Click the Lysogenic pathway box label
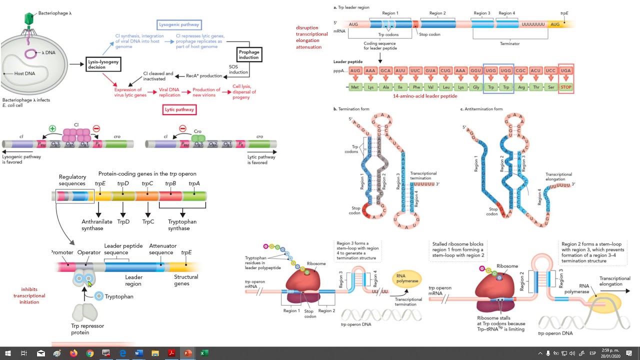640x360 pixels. tap(179, 24)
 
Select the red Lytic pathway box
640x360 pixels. tap(179, 109)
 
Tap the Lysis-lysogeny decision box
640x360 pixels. tap(103, 64)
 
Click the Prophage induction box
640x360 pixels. tap(248, 54)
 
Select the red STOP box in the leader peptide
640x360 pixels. tap(565, 87)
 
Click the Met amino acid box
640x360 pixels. tap(355, 87)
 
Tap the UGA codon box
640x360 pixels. tap(565, 71)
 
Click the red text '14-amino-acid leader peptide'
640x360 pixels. tap(425, 96)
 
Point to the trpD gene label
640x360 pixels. tap(123, 184)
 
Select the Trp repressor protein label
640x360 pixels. tap(87, 329)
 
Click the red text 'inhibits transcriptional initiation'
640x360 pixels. tap(29, 295)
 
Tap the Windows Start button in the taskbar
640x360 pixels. tap(8, 353)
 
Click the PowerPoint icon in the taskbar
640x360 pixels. tap(187, 353)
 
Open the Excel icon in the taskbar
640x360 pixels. tap(204, 353)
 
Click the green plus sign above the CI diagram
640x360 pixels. tap(52, 128)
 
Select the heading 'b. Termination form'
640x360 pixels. tap(354, 108)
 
